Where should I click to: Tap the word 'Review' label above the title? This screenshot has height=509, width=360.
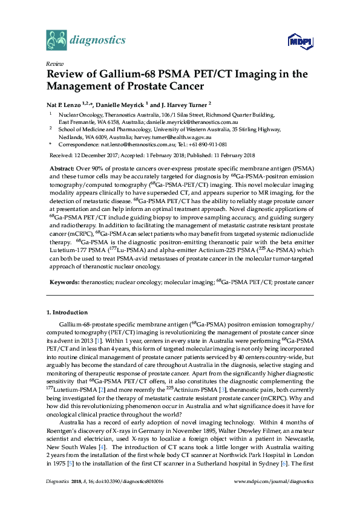click(x=54, y=63)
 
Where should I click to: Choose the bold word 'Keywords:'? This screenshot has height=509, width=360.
click(x=62, y=282)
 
